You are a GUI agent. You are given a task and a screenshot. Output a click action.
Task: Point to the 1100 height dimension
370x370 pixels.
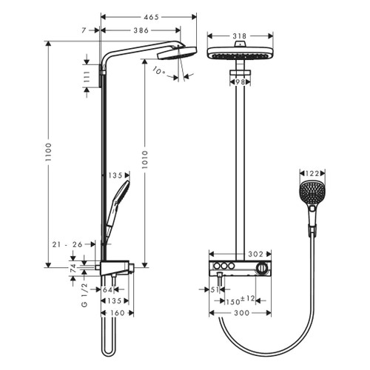coord(50,153)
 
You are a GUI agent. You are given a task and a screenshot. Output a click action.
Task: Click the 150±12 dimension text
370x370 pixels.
coord(240,300)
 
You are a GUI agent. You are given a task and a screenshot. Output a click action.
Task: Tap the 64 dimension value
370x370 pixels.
coord(117,290)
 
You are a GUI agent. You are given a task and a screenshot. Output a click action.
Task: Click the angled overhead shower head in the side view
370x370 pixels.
coord(175,54)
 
